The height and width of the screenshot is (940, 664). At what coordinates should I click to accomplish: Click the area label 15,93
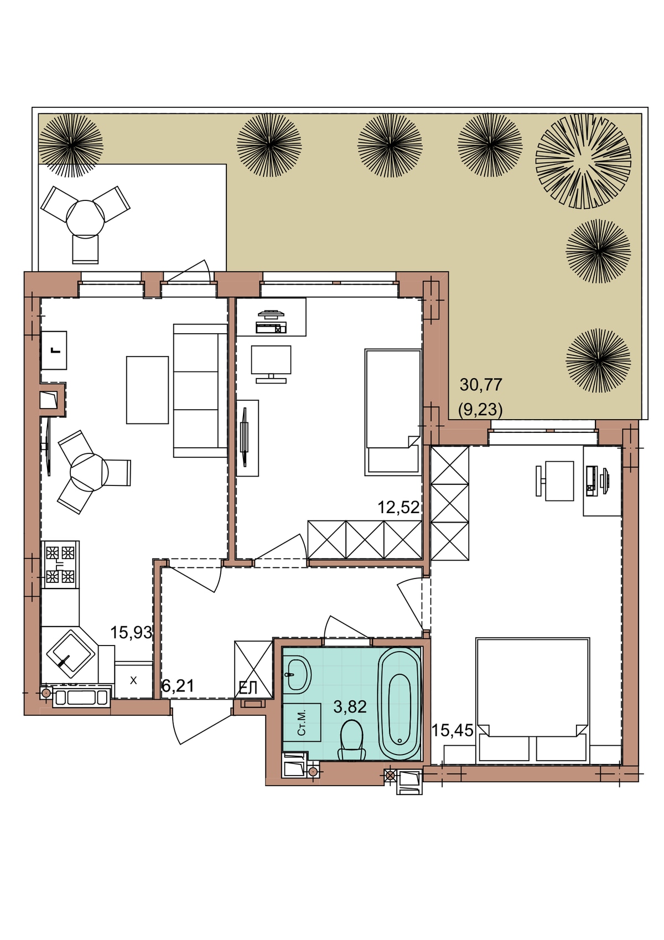click(x=131, y=632)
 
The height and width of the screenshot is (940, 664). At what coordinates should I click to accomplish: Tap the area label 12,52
click(x=398, y=507)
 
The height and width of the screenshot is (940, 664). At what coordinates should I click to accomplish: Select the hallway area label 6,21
click(x=178, y=686)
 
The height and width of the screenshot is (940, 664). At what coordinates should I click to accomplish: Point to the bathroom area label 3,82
click(x=350, y=707)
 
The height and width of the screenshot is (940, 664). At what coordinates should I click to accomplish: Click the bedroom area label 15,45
click(x=452, y=731)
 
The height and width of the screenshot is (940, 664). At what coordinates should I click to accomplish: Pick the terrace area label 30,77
click(x=481, y=384)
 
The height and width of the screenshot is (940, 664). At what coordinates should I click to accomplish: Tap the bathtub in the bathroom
click(x=399, y=703)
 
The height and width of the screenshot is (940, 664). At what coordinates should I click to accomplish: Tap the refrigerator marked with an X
click(x=133, y=680)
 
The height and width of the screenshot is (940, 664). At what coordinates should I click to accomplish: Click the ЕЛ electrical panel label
click(x=247, y=688)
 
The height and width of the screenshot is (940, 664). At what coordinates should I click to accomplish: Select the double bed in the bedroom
click(x=532, y=700)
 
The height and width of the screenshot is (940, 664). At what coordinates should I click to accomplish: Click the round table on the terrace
click(x=85, y=219)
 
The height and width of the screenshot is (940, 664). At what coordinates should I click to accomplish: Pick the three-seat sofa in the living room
click(x=200, y=390)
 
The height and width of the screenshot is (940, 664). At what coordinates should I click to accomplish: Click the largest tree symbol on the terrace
click(x=583, y=162)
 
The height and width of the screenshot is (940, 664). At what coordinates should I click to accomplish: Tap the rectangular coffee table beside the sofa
click(x=147, y=390)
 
